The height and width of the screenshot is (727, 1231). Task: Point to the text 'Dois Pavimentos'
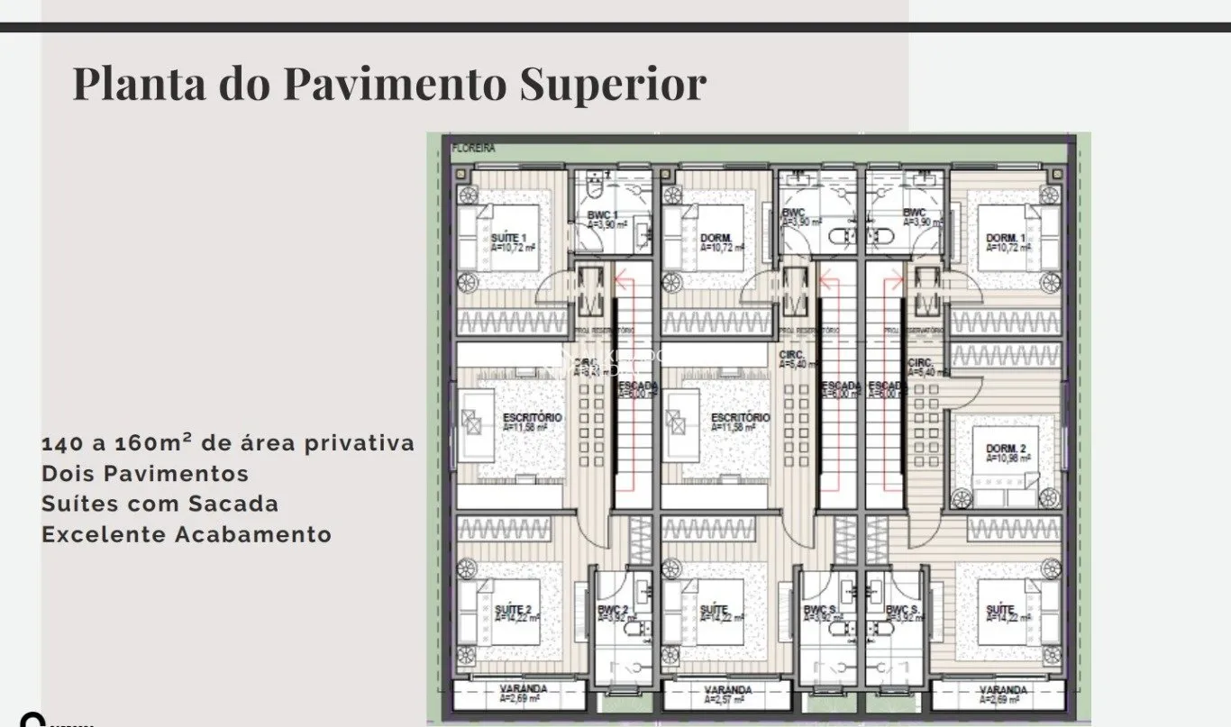pyautogui.click(x=145, y=473)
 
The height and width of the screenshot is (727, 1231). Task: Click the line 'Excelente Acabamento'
pyautogui.click(x=187, y=534)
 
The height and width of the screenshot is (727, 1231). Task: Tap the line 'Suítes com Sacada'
pyautogui.click(x=160, y=504)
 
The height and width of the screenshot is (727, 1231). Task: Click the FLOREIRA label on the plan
pyautogui.click(x=474, y=149)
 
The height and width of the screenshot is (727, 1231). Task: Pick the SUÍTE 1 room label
pyautogui.click(x=508, y=237)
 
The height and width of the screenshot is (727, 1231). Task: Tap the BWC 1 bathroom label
pyautogui.click(x=602, y=214)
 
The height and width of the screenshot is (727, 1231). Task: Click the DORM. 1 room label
pyautogui.click(x=1003, y=238)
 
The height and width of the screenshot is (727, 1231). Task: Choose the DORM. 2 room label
pyautogui.click(x=1005, y=448)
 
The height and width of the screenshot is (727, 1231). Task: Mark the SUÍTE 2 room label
pyautogui.click(x=512, y=610)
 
